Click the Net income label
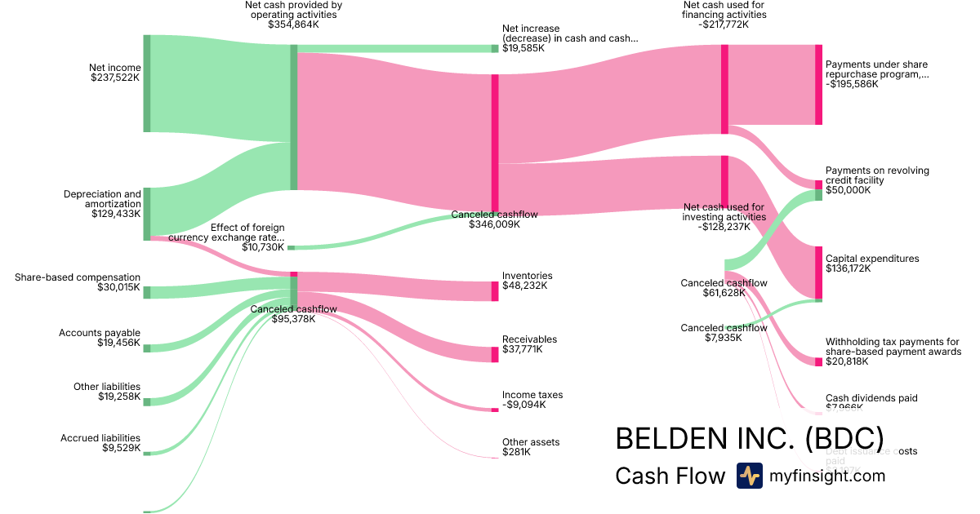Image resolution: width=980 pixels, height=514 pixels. coord(115,68)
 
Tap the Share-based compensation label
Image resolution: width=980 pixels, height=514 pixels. coord(78,277)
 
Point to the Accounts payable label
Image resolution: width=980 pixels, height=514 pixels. coord(100,333)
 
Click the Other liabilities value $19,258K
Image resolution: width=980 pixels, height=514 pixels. coord(118,397)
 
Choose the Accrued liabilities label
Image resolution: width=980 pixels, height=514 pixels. coord(100,438)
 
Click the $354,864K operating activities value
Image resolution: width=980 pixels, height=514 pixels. coord(293,24)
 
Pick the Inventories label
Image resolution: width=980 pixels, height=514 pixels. coord(527,276)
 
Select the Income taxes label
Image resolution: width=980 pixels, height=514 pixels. coord(532,395)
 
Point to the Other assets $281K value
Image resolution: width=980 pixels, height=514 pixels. coord(515,452)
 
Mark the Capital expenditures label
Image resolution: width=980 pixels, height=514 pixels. coord(872,259)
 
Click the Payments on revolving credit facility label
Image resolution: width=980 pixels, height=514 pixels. coord(877,175)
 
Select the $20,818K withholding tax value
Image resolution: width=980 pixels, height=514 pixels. coord(848,361)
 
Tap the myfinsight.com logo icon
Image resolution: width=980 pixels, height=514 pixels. coord(749,476)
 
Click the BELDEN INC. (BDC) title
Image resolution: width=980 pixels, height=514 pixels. coord(749,437)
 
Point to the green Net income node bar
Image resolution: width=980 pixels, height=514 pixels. coord(147,83)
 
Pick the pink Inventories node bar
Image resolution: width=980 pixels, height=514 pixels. coord(494,291)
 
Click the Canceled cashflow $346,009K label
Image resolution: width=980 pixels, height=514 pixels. coord(494,215)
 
